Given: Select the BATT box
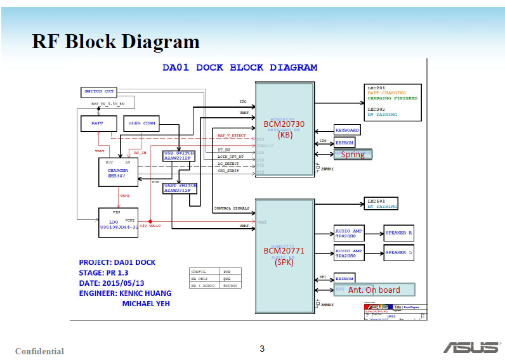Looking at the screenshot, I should [97, 124].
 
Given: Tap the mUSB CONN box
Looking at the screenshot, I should [141, 124].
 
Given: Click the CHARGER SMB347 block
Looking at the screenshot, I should [118, 172].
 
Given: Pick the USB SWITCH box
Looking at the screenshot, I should [179, 156].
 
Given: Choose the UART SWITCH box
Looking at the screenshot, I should [180, 188].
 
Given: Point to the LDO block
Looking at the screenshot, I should [118, 222].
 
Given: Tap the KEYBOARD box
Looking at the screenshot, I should [347, 130].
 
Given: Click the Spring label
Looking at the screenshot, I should [353, 154].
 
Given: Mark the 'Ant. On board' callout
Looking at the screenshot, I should [374, 290].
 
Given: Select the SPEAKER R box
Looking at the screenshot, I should [399, 233].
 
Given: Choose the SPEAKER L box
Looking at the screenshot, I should [399, 252].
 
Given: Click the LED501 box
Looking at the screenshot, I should [382, 203].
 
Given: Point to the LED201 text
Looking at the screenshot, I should [377, 88].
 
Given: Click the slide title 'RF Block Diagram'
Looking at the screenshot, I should [116, 42].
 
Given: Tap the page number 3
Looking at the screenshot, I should [262, 348].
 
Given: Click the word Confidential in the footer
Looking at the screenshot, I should [39, 351].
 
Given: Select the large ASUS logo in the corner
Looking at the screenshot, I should [470, 347].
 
